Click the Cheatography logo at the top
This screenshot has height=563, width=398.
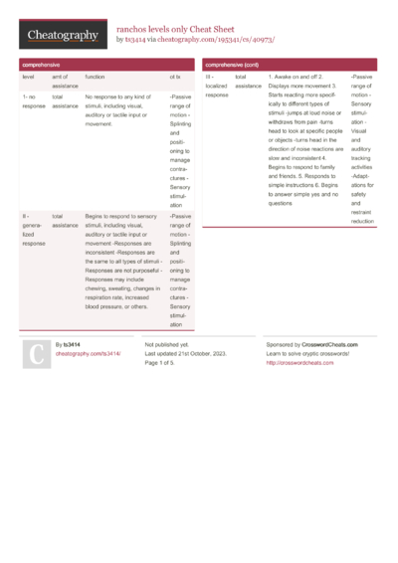[x=63, y=35]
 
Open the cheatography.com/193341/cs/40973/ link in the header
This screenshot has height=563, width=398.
[x=219, y=40]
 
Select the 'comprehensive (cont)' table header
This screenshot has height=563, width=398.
[x=232, y=64]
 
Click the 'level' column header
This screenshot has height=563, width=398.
[x=28, y=77]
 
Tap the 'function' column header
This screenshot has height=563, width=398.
[x=95, y=77]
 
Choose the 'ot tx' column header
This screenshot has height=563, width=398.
[x=175, y=77]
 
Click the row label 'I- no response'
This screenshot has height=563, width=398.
[x=33, y=101]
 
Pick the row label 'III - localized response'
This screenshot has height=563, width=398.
[x=217, y=86]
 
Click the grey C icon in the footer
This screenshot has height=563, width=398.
[x=35, y=354]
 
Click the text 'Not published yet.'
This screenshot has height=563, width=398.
[x=167, y=343]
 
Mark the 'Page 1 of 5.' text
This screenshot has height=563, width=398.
[x=166, y=363]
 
